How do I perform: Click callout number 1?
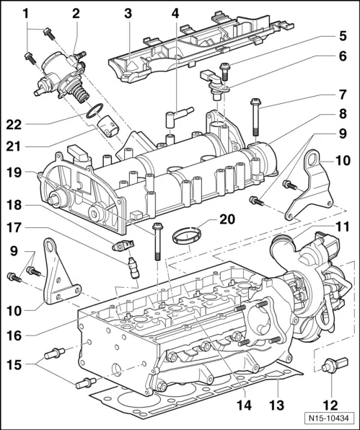click(x=26, y=12)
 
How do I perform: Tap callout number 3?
click(x=127, y=13)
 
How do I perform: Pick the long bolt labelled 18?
click(x=157, y=242)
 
